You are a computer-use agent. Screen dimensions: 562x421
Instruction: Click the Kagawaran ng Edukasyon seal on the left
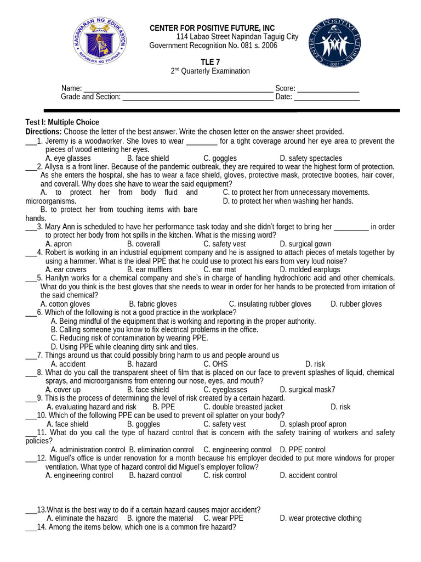click(99, 42)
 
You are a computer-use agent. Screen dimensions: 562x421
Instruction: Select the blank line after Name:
click(178, 89)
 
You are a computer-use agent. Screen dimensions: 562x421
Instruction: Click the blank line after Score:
click(328, 89)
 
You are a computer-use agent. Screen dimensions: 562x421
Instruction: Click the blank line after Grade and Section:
click(198, 98)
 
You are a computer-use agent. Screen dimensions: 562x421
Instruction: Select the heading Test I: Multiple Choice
click(62, 122)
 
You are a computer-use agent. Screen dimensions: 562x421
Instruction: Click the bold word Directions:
click(43, 132)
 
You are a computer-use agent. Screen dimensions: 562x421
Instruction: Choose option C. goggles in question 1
click(220, 159)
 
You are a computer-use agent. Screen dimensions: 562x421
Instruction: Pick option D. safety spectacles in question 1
click(310, 159)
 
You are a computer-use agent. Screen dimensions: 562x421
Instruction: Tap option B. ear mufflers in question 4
click(150, 269)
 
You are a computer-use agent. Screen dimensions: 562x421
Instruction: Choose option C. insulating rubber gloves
click(270, 304)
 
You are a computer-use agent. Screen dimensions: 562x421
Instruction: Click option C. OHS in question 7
click(215, 364)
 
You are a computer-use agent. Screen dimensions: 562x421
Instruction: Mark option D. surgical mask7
click(307, 390)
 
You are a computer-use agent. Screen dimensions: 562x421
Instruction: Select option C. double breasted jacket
click(243, 407)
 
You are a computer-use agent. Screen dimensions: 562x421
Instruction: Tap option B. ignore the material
click(160, 518)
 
